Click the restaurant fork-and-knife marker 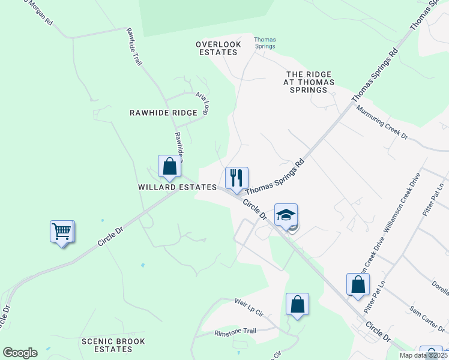(237, 178)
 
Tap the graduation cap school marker (286, 214)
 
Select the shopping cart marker (62, 230)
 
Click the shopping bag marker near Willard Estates (169, 166)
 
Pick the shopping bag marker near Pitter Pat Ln (358, 284)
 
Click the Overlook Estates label (218, 48)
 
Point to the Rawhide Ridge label (164, 113)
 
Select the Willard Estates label (177, 187)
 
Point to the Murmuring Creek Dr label (382, 123)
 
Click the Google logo (20, 353)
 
